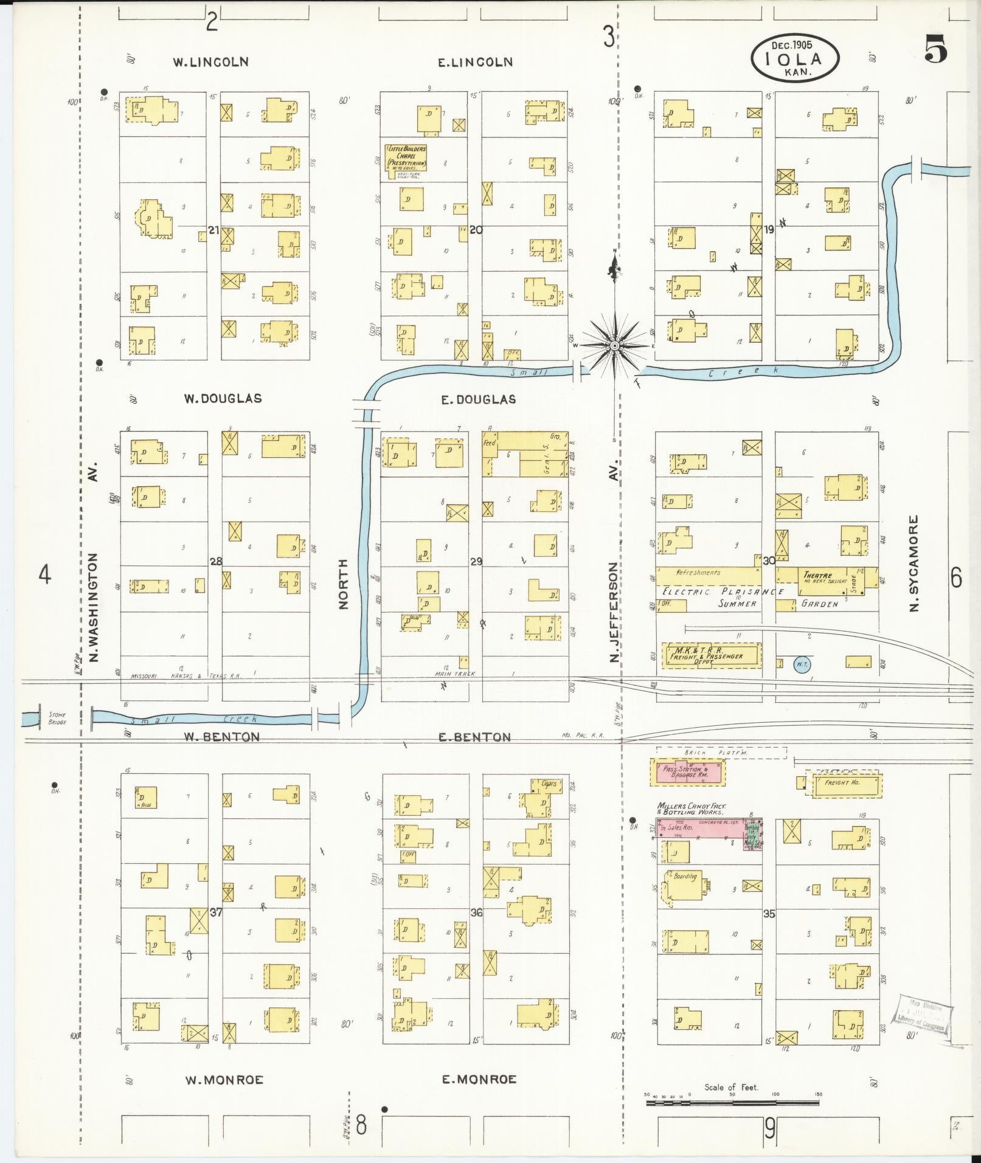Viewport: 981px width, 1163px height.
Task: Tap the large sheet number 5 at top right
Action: pos(936,49)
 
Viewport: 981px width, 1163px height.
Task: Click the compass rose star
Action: pos(615,345)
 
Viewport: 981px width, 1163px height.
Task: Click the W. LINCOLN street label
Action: pos(210,62)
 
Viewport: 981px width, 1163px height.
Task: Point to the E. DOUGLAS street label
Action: pos(478,399)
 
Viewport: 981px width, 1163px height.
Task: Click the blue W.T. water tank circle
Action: pos(802,665)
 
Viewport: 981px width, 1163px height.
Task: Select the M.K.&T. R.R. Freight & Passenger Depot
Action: pos(711,655)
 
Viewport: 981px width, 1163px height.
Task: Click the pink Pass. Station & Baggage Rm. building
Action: pos(687,772)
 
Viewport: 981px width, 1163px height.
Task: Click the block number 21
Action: pos(213,230)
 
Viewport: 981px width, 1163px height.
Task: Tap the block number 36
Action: pos(476,913)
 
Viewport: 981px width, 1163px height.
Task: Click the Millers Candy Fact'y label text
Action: pos(690,809)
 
